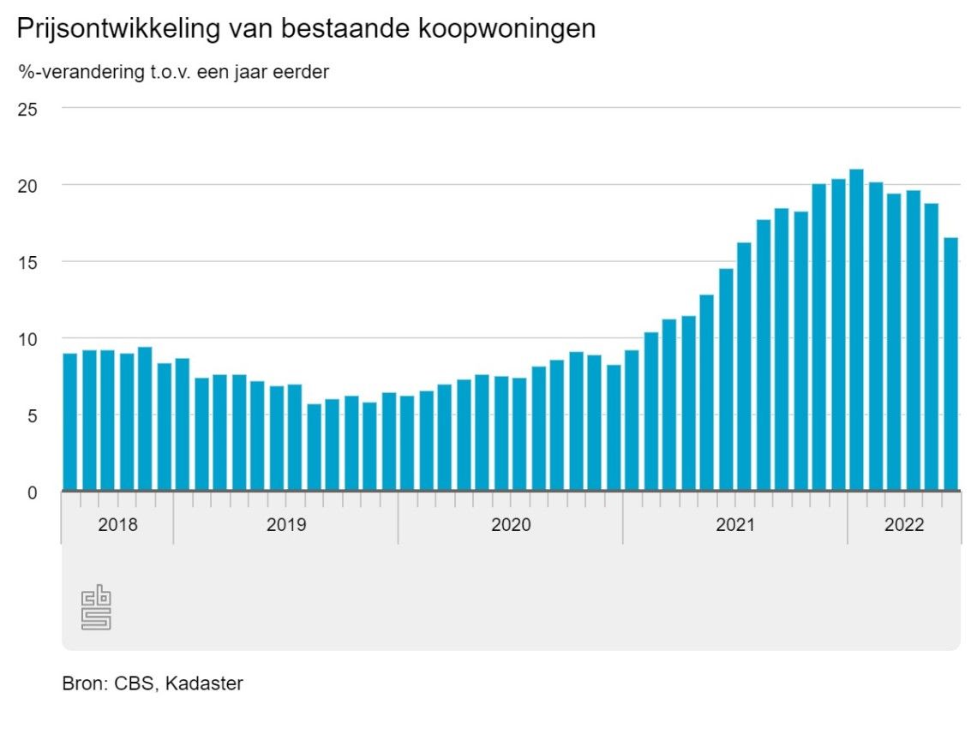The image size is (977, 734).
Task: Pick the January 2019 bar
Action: click(183, 424)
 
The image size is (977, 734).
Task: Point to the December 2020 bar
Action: click(613, 427)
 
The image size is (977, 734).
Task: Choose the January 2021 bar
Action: click(632, 421)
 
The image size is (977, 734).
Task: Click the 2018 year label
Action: click(117, 525)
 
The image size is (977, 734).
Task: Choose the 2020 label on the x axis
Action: click(511, 525)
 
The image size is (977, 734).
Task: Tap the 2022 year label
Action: click(904, 525)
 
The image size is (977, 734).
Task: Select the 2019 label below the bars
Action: click(285, 525)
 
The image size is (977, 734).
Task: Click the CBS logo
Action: click(97, 608)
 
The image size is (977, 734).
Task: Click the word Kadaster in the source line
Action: click(204, 683)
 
